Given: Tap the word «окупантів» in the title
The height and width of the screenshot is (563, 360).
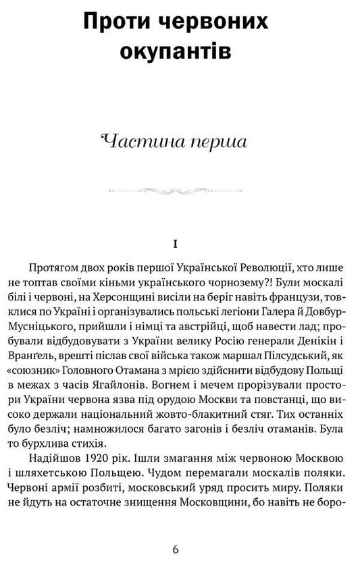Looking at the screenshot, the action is [180, 53].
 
